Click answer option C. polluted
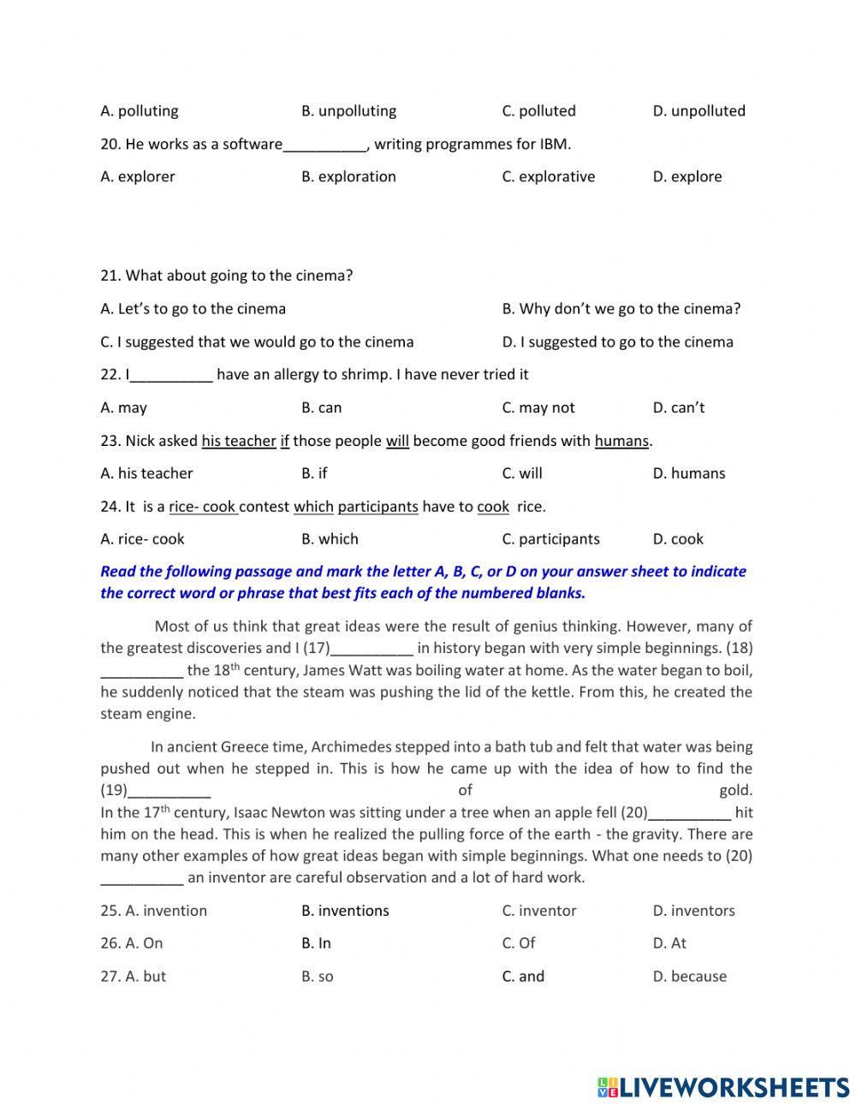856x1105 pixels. click(x=538, y=111)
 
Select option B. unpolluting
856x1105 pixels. click(x=348, y=111)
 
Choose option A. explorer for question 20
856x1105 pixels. click(x=138, y=177)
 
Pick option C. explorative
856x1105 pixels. click(x=548, y=177)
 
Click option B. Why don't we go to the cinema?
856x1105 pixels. click(x=621, y=309)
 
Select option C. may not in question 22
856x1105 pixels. click(x=538, y=408)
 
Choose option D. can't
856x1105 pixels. click(x=679, y=408)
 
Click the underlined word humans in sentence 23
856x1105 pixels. click(x=621, y=442)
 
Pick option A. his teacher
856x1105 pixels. click(x=146, y=473)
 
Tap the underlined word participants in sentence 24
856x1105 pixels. click(x=377, y=507)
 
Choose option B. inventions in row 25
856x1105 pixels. click(x=345, y=911)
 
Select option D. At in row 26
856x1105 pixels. click(x=669, y=943)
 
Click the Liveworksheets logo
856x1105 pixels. click(x=723, y=1087)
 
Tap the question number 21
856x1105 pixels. click(x=110, y=276)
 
